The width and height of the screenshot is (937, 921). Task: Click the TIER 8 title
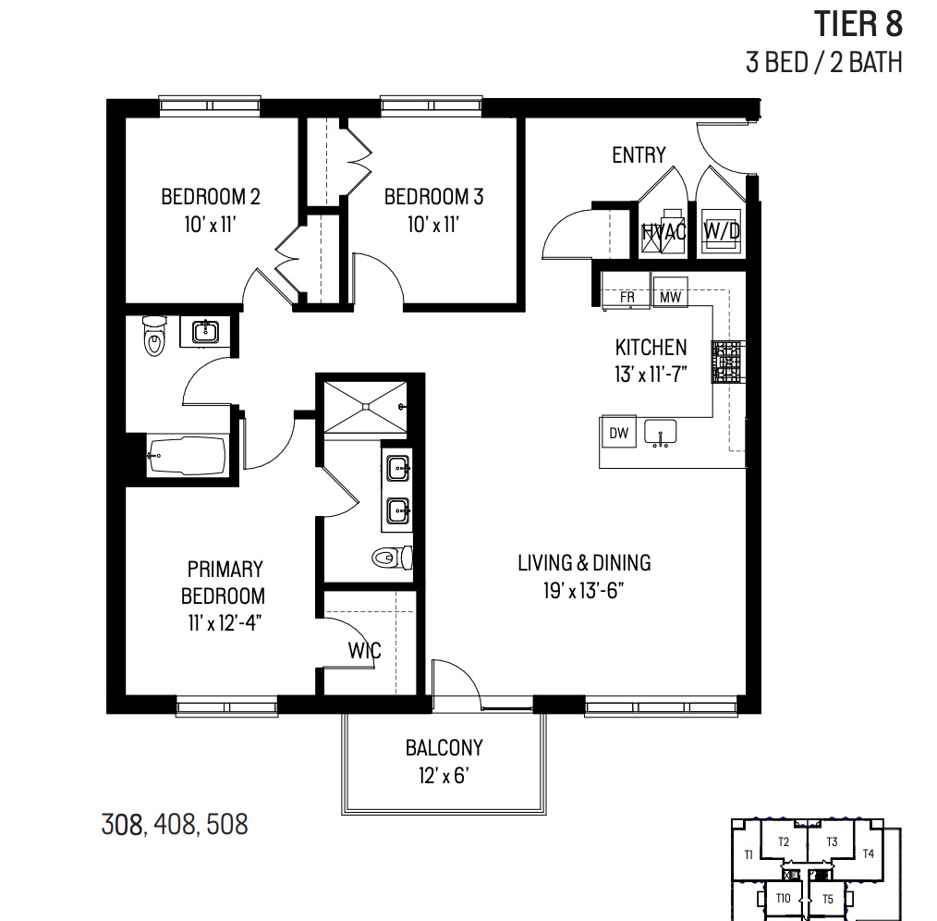(x=857, y=24)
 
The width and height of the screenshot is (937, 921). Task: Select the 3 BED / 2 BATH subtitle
(x=823, y=62)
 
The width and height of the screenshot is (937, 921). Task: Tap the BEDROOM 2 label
(x=210, y=197)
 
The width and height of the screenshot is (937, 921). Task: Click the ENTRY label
(x=639, y=155)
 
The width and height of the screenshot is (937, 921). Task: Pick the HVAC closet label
(x=664, y=232)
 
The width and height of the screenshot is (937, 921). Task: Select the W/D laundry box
(x=722, y=231)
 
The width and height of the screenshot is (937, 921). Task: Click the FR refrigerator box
(x=627, y=298)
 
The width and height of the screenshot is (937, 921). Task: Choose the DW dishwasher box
(x=617, y=433)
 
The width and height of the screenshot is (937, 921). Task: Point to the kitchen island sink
(x=661, y=432)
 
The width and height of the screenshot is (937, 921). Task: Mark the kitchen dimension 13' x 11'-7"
(x=651, y=375)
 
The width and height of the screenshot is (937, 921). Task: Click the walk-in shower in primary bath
(x=364, y=404)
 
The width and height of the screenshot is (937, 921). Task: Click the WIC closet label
(x=364, y=650)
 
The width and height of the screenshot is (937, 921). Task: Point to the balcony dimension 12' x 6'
(x=444, y=776)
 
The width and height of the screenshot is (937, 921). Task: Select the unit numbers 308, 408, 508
(x=175, y=824)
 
